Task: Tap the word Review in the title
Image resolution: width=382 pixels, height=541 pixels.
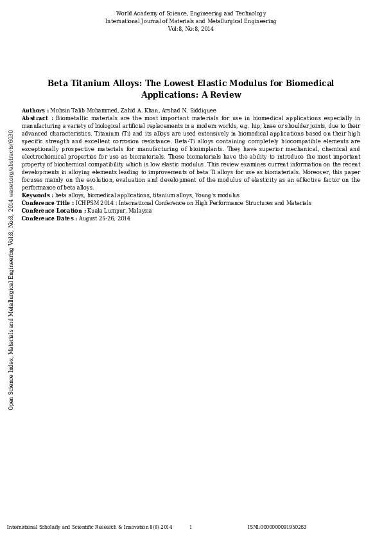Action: [x=227, y=95]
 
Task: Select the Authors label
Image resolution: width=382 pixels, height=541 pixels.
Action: [x=35, y=111]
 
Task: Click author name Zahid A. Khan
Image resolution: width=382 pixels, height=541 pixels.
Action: [x=141, y=111]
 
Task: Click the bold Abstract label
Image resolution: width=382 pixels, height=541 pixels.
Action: [x=37, y=118]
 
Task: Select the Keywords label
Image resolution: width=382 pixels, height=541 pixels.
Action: [x=37, y=195]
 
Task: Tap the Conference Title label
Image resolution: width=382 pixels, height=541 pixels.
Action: [x=48, y=203]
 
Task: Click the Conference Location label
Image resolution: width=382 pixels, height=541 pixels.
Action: [x=53, y=211]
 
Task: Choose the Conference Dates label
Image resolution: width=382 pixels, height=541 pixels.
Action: [x=49, y=218]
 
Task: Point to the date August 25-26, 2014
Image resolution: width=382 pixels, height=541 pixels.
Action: [x=105, y=218]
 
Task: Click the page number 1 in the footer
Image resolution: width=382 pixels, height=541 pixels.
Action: [x=190, y=527]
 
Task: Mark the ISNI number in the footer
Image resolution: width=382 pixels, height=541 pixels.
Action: [x=277, y=527]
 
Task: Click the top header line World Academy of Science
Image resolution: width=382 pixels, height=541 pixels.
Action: [x=191, y=13]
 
